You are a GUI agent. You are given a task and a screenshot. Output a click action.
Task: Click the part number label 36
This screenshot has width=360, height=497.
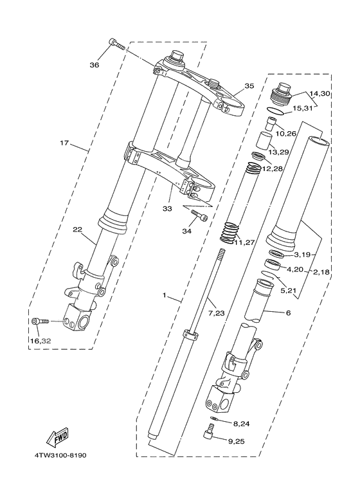[94, 65]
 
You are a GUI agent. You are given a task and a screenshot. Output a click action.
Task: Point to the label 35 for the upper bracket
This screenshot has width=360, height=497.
[249, 86]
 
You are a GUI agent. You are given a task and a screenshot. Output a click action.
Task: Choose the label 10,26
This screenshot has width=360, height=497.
[285, 134]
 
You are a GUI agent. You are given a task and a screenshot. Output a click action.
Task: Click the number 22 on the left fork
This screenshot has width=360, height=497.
[77, 230]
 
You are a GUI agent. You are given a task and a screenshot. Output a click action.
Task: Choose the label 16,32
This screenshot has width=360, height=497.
[40, 339]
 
